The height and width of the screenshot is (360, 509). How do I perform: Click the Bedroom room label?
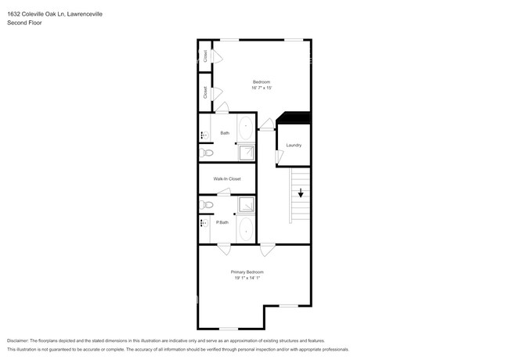(x=261, y=82)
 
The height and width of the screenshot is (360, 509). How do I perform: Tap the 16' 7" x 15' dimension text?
(x=261, y=88)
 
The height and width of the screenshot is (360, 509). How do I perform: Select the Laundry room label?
(x=294, y=145)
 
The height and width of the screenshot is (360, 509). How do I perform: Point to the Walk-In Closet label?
(x=227, y=179)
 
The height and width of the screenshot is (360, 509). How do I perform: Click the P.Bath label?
(x=222, y=222)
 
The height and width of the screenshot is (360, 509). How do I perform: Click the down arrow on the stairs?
(x=301, y=194)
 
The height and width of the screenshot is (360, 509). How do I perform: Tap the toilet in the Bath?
(x=206, y=153)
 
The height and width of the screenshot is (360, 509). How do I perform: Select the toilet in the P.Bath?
(x=206, y=204)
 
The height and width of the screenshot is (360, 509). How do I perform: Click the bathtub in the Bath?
(x=246, y=127)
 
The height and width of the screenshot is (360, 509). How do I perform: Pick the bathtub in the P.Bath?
(x=246, y=230)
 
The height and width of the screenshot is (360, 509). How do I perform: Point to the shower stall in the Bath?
(x=247, y=152)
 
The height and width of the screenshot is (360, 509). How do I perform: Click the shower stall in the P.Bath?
(x=246, y=205)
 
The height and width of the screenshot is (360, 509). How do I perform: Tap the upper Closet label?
(x=205, y=56)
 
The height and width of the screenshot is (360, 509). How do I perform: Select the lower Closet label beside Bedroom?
(x=205, y=92)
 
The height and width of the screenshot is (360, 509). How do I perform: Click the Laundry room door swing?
(x=279, y=157)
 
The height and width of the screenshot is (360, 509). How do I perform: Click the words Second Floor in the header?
(x=25, y=23)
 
